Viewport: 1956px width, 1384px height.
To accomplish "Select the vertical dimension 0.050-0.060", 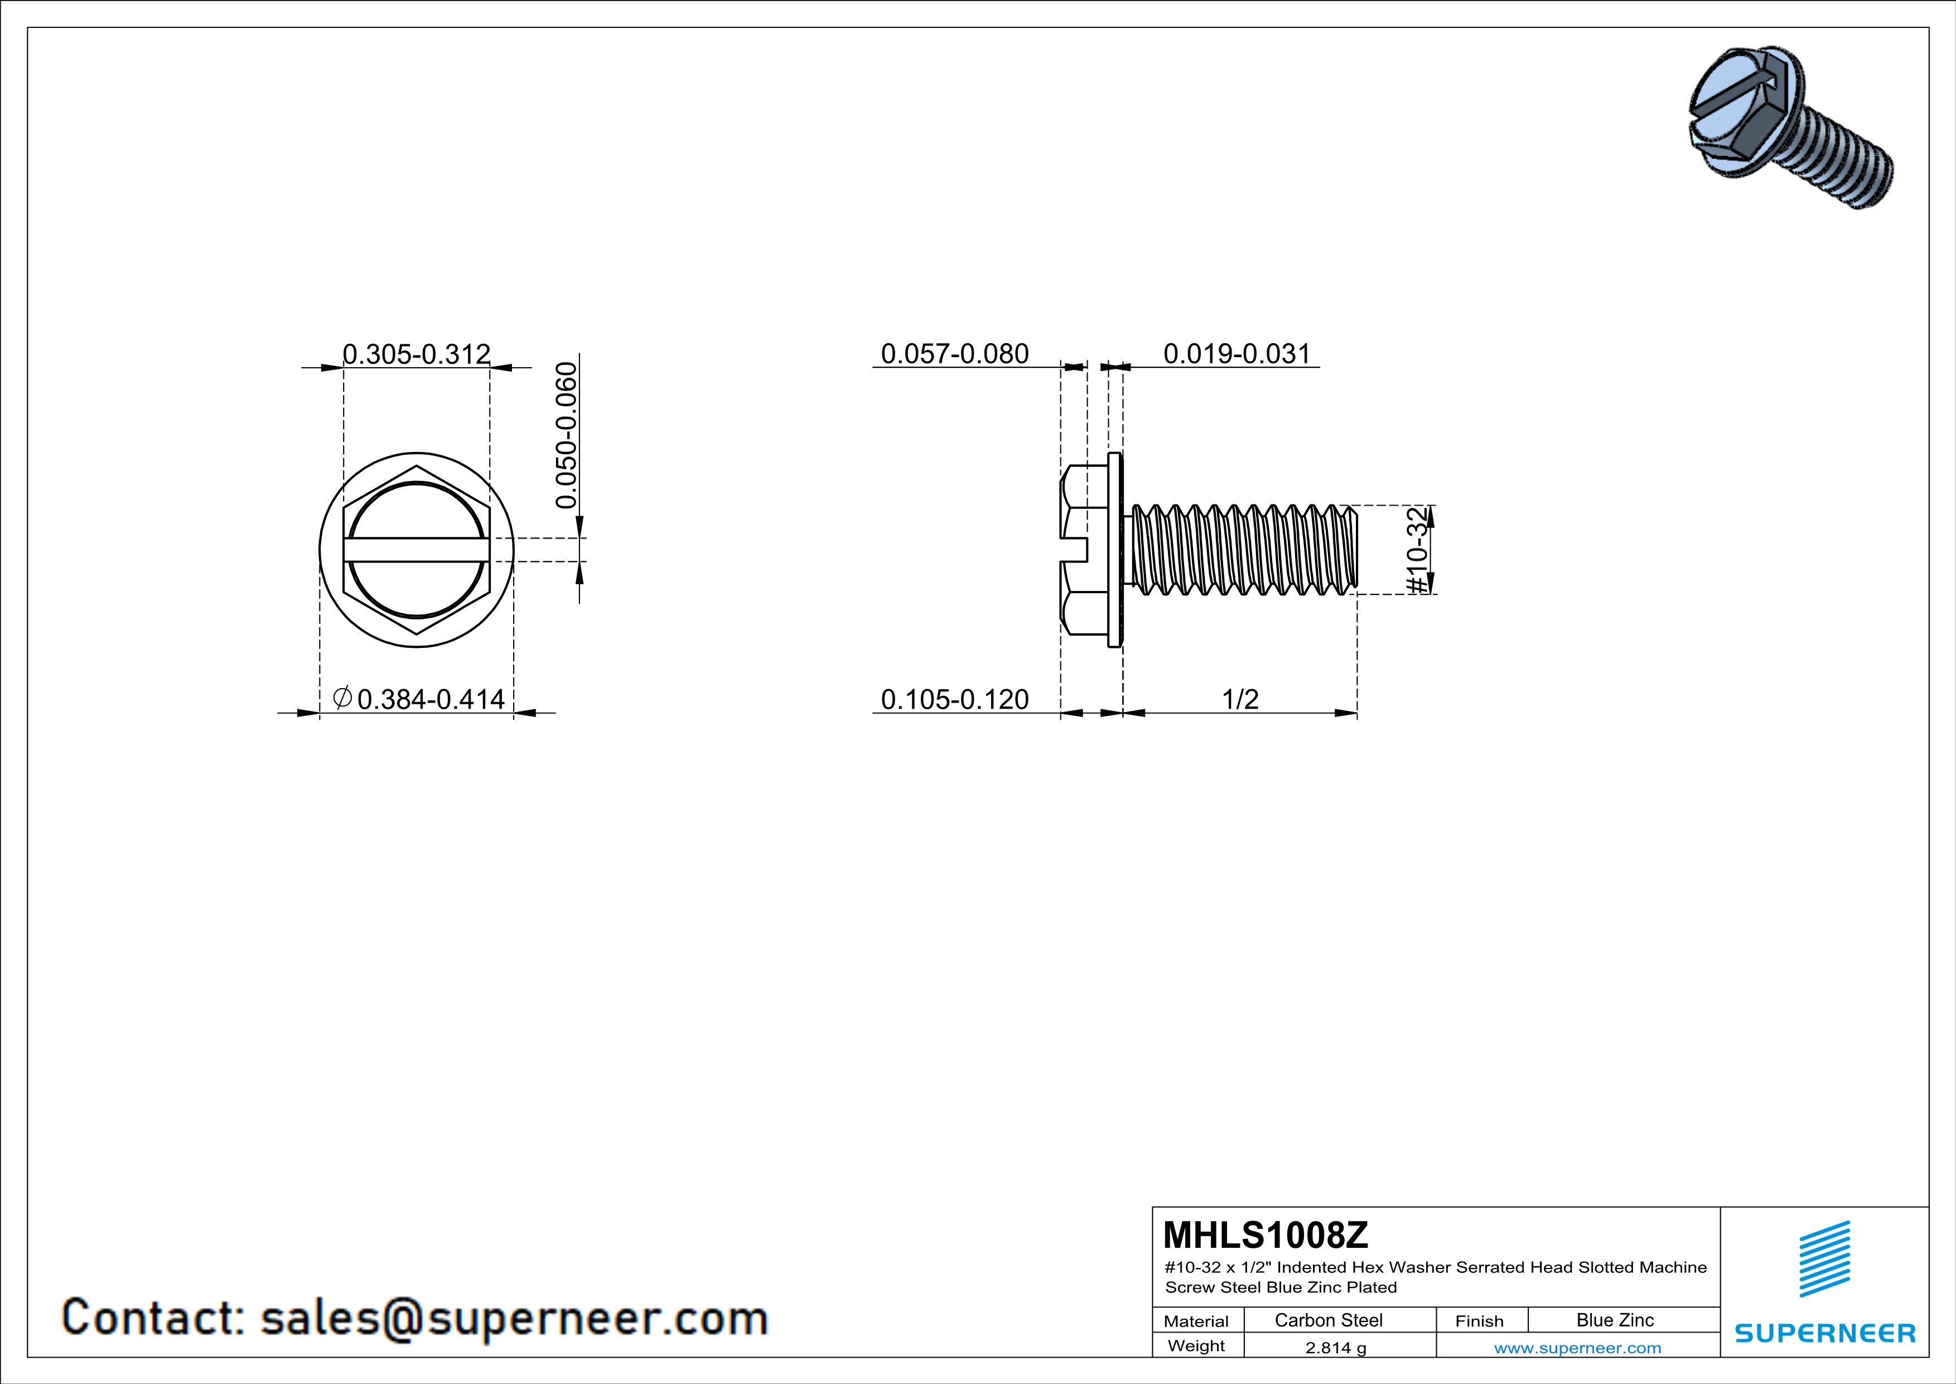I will (566, 435).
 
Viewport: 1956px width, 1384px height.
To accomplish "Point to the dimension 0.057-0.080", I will (954, 354).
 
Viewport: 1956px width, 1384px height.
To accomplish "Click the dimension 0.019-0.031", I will (1236, 354).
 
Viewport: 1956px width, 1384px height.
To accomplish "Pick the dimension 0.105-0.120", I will (954, 700).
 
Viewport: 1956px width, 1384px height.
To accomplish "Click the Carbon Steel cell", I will (1328, 1320).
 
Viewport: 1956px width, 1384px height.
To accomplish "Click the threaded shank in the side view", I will (1244, 550).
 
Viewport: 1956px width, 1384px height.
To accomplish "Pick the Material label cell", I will (1196, 1321).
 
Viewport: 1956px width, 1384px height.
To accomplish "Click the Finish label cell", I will (1479, 1321).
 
